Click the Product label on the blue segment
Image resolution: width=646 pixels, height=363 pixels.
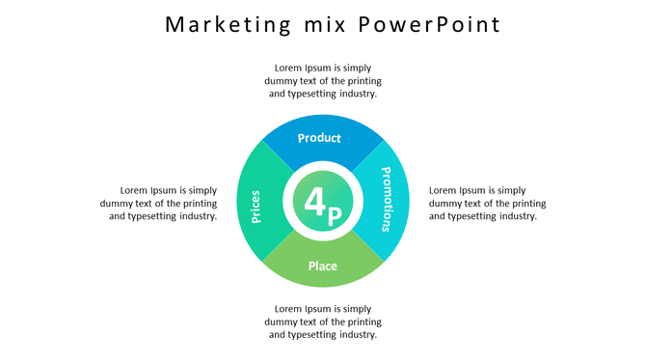pyautogui.click(x=319, y=138)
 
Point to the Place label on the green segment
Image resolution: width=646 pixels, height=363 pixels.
pyautogui.click(x=322, y=265)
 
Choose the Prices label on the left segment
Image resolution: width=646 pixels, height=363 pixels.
pyautogui.click(x=256, y=206)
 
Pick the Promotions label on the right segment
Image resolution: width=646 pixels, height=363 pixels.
pyautogui.click(x=386, y=200)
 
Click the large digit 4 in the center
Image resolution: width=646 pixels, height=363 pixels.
pyautogui.click(x=315, y=202)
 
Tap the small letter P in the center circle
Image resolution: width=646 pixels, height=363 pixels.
pyautogui.click(x=334, y=216)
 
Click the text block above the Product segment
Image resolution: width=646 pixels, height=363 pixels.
pyautogui.click(x=323, y=81)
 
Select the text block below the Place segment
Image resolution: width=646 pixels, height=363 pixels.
pyautogui.click(x=323, y=321)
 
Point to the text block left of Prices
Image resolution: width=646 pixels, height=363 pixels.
pyautogui.click(x=159, y=203)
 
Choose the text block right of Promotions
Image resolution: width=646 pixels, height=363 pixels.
pyautogui.click(x=487, y=203)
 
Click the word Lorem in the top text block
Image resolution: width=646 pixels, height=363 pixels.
pyautogui.click(x=289, y=69)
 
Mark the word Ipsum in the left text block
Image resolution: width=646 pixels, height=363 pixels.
pyautogui.click(x=165, y=190)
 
